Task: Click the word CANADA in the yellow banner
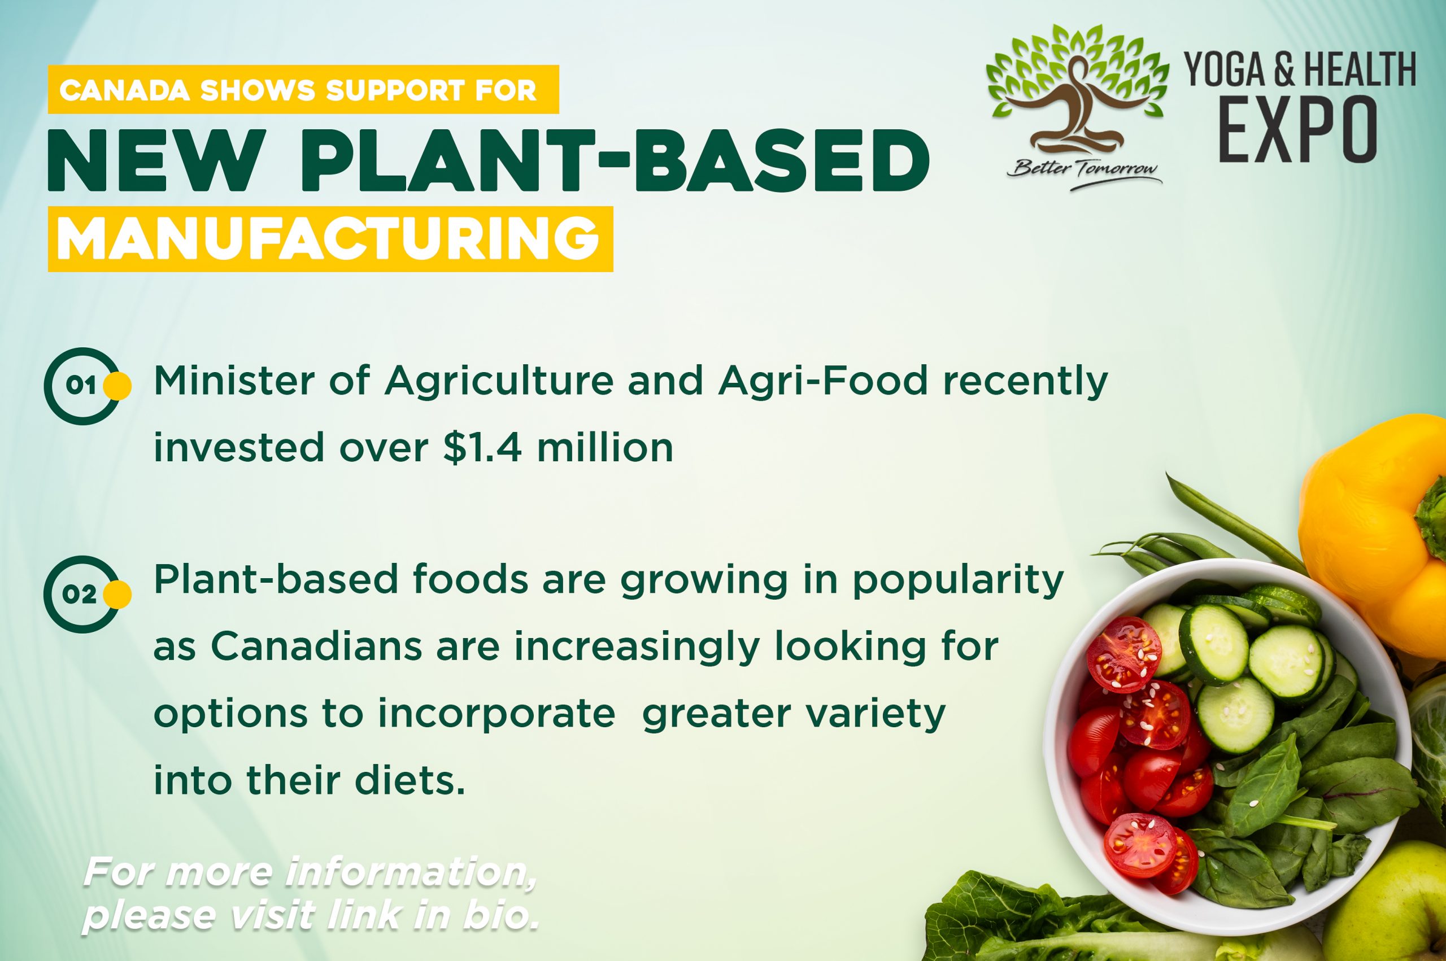pyautogui.click(x=124, y=91)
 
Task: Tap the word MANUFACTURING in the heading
pyautogui.click(x=329, y=238)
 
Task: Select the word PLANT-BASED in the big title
pyautogui.click(x=615, y=160)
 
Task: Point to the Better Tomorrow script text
pyautogui.click(x=1084, y=169)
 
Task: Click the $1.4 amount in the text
pyautogui.click(x=482, y=448)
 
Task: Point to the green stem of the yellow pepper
pyautogui.click(x=1432, y=518)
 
